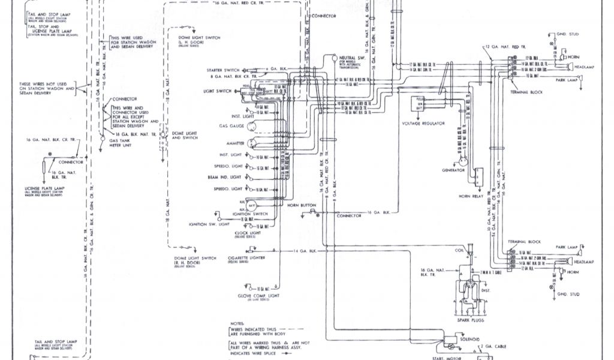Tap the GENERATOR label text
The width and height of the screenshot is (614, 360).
click(x=454, y=170)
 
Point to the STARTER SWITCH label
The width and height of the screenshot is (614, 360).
click(x=223, y=70)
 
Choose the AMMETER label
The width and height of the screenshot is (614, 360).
click(x=233, y=144)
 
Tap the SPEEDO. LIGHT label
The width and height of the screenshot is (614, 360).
click(x=227, y=166)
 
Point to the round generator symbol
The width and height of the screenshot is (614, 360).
click(x=463, y=159)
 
